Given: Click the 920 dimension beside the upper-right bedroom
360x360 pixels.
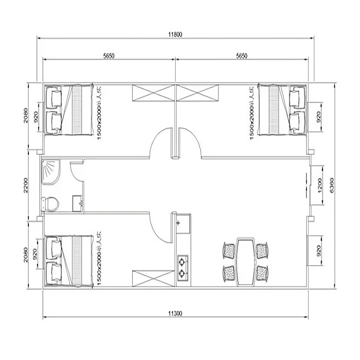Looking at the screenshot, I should [x=319, y=116].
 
